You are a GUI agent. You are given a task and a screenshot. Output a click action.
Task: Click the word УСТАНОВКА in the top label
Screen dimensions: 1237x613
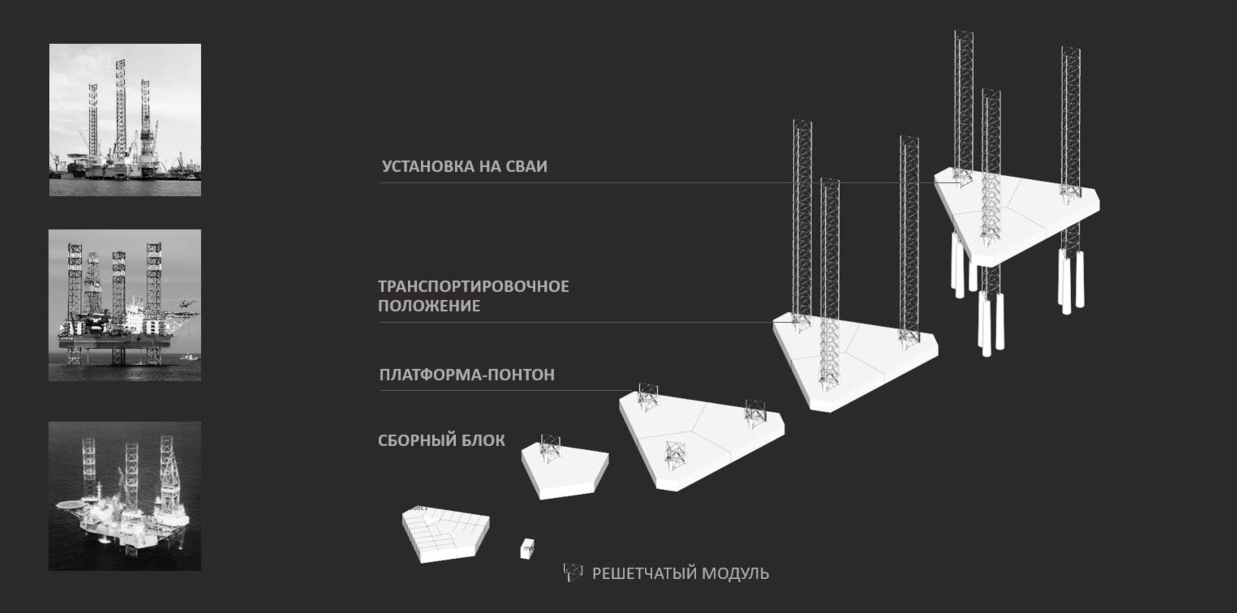click(428, 166)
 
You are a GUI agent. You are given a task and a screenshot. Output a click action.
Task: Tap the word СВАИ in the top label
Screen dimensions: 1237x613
click(526, 166)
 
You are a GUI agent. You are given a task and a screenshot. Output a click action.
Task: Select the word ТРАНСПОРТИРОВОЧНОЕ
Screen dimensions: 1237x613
click(474, 286)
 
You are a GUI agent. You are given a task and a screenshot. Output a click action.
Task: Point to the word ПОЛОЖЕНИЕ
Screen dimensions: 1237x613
click(429, 306)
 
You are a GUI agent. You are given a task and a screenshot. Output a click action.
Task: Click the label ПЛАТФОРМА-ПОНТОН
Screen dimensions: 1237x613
click(467, 375)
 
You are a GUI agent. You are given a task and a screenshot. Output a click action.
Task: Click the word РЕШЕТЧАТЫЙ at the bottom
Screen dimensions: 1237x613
click(645, 573)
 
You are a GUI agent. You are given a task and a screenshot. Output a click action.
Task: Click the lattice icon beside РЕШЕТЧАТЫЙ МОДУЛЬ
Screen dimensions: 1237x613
click(572, 572)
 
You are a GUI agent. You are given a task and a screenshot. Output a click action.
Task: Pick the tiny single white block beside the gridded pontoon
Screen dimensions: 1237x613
click(527, 549)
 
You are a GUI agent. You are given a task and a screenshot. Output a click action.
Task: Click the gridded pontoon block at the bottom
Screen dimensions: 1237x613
click(445, 534)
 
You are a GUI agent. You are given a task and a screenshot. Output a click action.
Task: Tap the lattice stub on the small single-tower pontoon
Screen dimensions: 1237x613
click(550, 448)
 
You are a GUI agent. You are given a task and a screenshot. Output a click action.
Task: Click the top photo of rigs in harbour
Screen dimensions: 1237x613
click(125, 120)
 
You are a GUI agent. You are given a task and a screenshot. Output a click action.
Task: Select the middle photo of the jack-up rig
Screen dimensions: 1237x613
click(125, 305)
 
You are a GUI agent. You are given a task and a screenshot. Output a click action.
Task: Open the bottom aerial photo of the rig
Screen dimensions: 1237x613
click(125, 496)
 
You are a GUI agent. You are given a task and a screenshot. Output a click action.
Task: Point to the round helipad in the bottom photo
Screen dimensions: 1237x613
click(69, 506)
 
